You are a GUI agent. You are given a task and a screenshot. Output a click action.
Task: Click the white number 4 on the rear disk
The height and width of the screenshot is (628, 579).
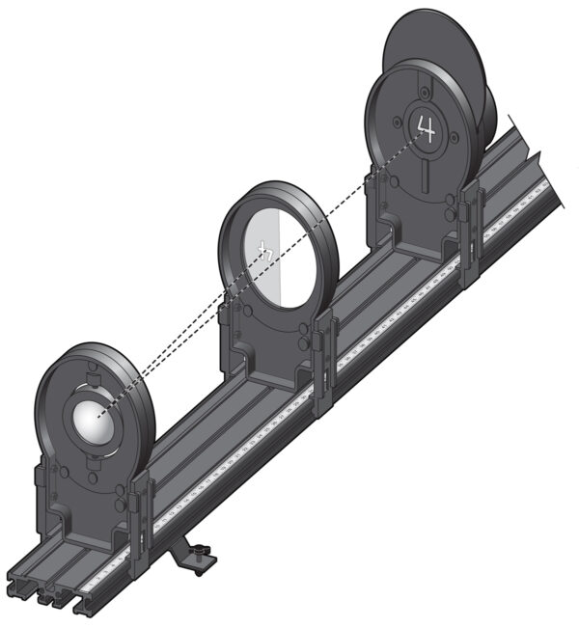[425, 125]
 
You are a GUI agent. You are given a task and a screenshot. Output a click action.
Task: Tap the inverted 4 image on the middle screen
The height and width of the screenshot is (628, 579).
[265, 251]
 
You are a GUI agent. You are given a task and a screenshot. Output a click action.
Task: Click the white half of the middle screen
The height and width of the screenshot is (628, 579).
[259, 265]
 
